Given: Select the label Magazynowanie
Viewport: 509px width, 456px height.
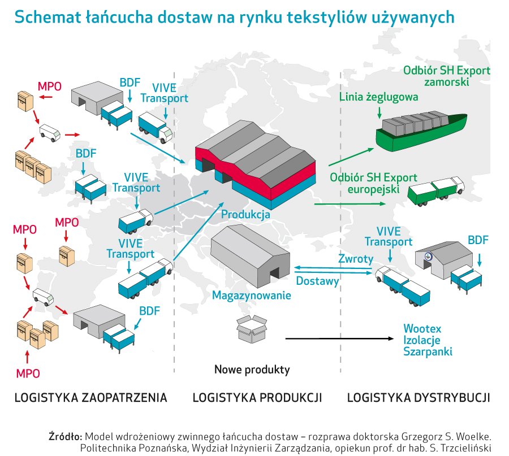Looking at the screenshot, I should (252, 295).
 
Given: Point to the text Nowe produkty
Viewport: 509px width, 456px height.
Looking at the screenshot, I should (252, 370).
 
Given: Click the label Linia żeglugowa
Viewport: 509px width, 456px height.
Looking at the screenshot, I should (379, 97).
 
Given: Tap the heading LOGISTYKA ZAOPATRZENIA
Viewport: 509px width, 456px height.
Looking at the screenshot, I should (91, 397).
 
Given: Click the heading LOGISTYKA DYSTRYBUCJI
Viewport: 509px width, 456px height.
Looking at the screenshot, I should (418, 397).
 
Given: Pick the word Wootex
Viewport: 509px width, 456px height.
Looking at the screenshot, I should (422, 328).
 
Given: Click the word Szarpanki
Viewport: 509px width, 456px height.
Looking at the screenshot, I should (428, 351).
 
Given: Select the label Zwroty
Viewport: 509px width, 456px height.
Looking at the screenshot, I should (356, 259).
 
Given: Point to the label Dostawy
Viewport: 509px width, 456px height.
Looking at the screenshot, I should (318, 280).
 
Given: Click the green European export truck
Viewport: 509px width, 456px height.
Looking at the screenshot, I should (435, 191).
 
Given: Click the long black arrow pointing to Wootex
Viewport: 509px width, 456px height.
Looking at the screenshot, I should (339, 339).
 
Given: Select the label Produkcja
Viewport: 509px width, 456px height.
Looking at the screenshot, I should (245, 215).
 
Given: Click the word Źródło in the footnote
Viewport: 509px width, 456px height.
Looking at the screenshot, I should (66, 436).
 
